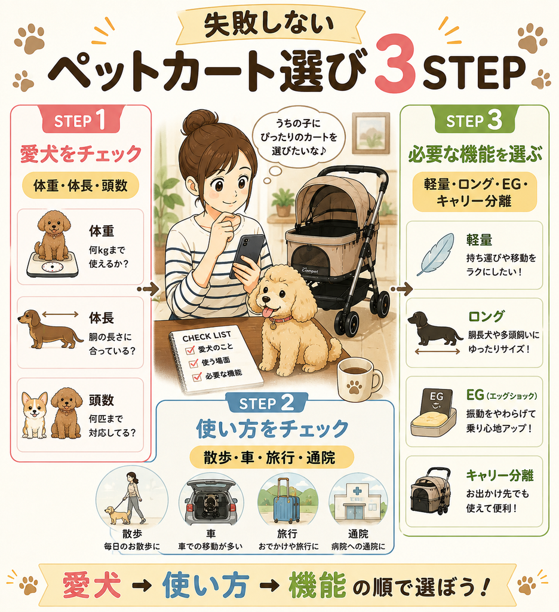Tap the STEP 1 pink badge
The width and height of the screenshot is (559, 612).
coord(81,120)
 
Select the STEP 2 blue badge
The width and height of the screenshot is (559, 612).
coord(267,403)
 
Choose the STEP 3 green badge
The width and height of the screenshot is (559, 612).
coord(474,120)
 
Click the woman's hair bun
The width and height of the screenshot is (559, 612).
coord(201,123)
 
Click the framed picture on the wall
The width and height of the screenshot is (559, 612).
coord(370,133)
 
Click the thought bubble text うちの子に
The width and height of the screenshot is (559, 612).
coord(298,124)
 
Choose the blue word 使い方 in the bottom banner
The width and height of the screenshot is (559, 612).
coord(205,586)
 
